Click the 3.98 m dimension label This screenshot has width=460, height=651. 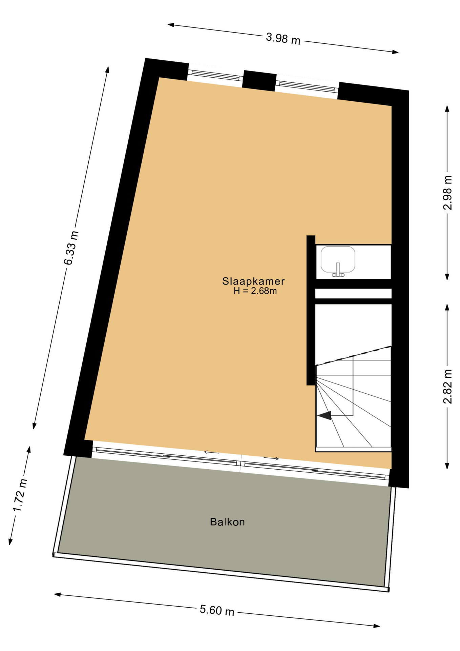click(283, 38)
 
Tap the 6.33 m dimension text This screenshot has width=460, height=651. click(71, 248)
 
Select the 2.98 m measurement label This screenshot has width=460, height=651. click(448, 193)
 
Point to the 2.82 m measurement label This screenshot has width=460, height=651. click(448, 386)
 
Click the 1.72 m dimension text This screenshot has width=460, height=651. click(20, 495)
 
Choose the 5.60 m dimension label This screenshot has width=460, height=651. click(217, 610)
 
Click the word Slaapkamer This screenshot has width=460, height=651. click(253, 281)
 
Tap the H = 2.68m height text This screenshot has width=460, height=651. click(255, 291)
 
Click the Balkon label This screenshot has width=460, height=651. click(227, 522)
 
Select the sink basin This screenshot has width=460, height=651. click(338, 259)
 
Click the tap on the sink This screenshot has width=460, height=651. click(338, 270)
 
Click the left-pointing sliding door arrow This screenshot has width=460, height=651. click(211, 452)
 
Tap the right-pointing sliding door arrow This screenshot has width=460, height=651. click(271, 458)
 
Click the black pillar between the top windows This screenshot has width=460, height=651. click(259, 81)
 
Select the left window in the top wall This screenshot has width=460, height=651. click(215, 75)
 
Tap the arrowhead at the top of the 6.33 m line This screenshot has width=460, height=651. click(107, 70)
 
